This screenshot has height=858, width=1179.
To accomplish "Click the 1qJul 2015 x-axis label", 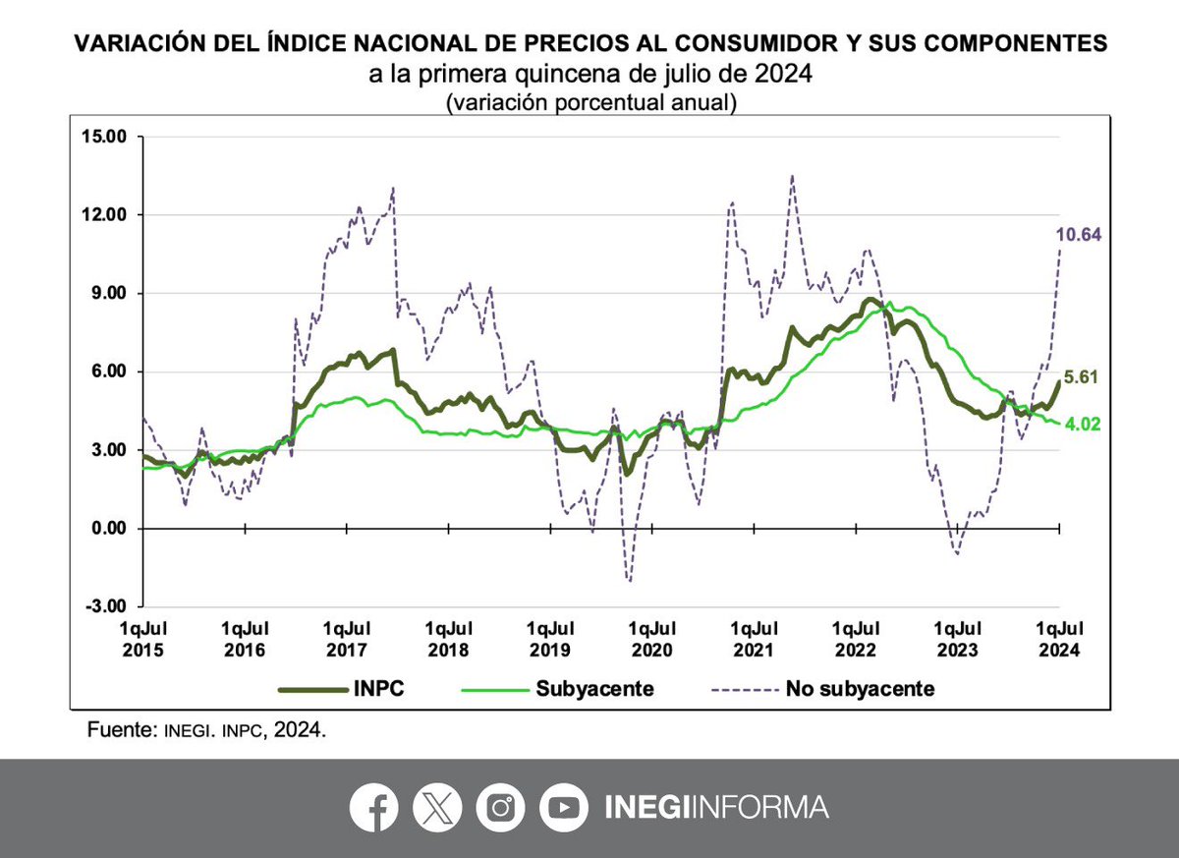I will (x=142, y=639).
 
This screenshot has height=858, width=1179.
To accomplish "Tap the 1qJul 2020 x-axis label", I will (x=652, y=639).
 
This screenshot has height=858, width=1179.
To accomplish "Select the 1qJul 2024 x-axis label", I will (x=1059, y=639).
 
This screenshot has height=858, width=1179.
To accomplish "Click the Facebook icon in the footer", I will (x=373, y=808).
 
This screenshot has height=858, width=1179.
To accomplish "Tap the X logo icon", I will (x=437, y=808).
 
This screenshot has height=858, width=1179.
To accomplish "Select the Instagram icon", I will (x=501, y=808).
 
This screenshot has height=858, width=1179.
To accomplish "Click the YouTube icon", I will (x=564, y=808).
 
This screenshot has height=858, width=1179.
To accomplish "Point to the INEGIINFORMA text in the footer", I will (x=715, y=808).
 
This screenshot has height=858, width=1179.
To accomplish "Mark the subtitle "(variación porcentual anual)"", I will (x=590, y=102).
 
